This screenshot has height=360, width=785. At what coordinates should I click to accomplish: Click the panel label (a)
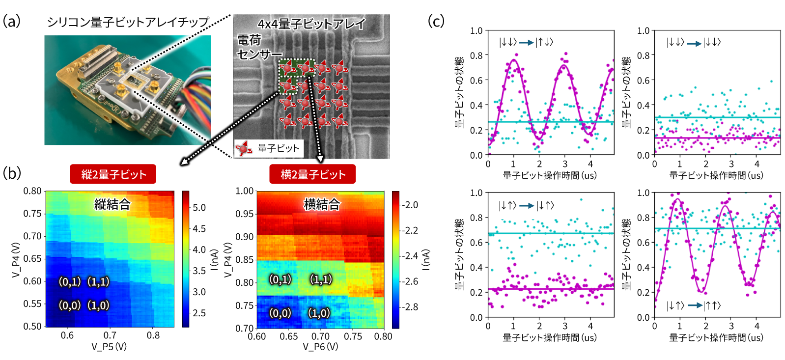tap(12, 21)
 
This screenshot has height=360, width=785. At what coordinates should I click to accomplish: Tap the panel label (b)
tap(12, 173)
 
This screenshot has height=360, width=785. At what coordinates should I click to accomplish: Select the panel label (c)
tap(436, 21)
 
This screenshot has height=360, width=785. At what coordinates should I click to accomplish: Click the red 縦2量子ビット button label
tap(113, 174)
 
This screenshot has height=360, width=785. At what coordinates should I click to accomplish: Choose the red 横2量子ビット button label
tap(312, 174)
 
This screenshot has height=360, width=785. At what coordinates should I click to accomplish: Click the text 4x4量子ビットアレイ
tap(311, 24)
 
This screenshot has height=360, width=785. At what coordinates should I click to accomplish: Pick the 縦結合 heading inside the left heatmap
tap(112, 204)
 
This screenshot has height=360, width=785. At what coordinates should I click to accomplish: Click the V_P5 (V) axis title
tap(109, 347)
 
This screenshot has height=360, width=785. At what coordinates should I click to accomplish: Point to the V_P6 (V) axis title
tap(320, 347)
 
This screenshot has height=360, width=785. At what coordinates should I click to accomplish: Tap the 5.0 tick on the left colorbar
tap(199, 208)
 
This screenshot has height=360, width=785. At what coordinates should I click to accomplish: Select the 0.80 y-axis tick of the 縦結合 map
tap(32, 191)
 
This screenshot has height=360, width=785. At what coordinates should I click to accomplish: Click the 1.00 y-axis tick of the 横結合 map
tap(245, 191)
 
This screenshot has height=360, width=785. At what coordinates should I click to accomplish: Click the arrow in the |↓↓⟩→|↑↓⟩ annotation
tap(526, 43)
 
